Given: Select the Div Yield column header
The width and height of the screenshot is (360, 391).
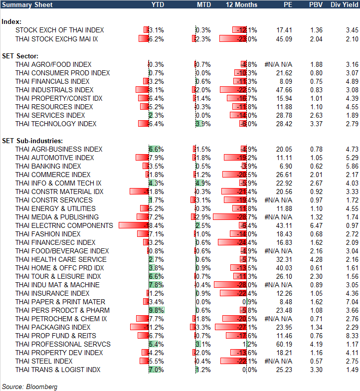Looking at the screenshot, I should click(343, 4).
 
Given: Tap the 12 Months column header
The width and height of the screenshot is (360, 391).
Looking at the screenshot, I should click(241, 4).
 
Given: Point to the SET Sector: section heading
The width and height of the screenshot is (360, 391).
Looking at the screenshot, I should click(20, 55).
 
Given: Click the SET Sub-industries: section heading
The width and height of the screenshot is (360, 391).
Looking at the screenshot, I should click(31, 141).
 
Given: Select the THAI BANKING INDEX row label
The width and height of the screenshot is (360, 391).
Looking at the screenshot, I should click(48, 166).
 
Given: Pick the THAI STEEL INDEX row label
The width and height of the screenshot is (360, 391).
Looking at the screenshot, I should click(44, 361).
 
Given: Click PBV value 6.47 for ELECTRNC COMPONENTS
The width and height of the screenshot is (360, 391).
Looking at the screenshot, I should click(316, 225).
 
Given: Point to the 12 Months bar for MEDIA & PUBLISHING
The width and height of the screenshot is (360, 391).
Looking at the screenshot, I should click(230, 217).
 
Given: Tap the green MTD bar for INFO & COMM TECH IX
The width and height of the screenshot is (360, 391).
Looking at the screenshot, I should click(199, 183).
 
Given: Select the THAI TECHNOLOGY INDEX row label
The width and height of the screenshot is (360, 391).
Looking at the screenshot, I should click(56, 124).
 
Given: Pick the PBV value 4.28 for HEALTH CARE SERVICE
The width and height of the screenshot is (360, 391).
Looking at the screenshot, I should click(316, 259).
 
